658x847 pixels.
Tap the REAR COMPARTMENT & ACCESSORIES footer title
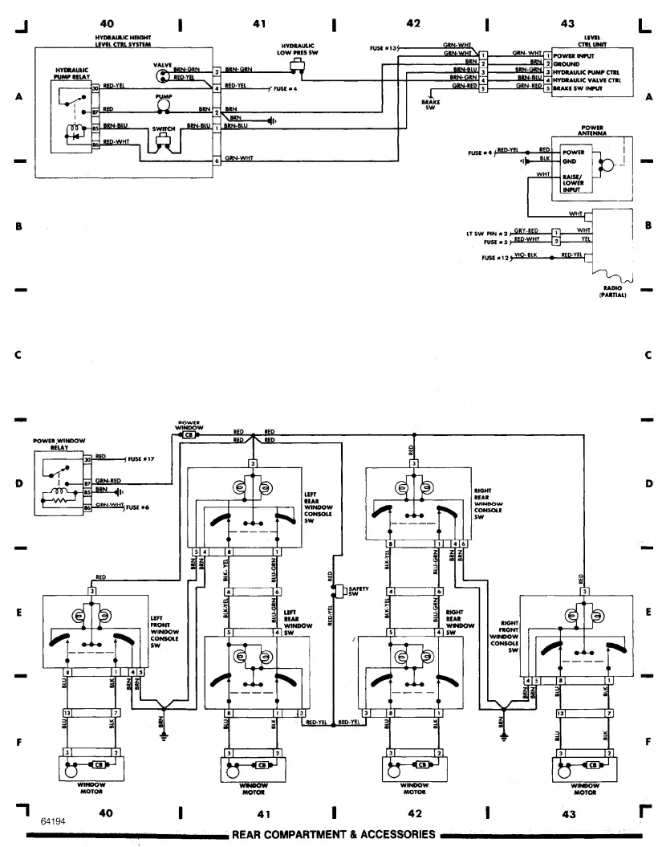[x=333, y=834]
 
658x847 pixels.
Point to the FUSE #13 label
[x=384, y=49]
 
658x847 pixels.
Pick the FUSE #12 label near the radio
[x=496, y=257]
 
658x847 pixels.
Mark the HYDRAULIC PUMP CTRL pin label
[x=586, y=71]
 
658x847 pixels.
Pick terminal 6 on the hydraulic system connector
[x=217, y=162]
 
